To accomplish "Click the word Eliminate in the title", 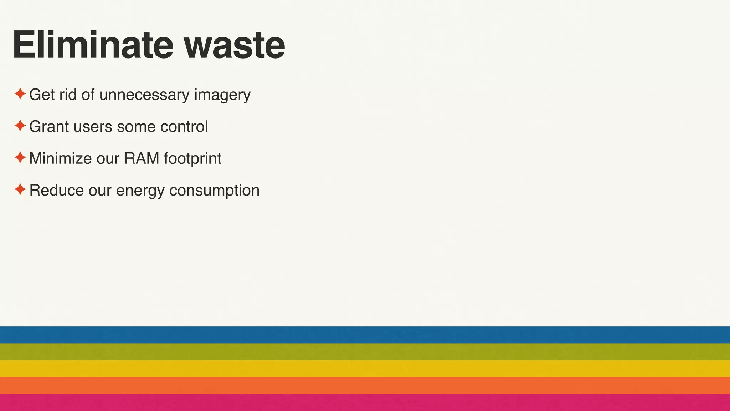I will [x=93, y=45].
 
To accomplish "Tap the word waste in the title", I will [x=234, y=46].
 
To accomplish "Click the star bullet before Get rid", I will [x=20, y=94].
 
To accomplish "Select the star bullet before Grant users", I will [x=20, y=126].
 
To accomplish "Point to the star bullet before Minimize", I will [x=20, y=158].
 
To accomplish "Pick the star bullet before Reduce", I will [x=20, y=189].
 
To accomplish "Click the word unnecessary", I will [x=144, y=95].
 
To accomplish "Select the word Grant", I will [x=49, y=127].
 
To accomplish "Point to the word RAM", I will [x=142, y=158].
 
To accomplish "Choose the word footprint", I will [x=192, y=159].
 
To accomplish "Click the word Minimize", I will [x=60, y=158].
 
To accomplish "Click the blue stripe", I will [x=365, y=335].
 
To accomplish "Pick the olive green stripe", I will [x=365, y=352].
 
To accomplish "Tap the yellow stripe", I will [x=365, y=369].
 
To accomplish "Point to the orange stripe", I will [x=365, y=385].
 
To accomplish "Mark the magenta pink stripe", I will [x=365, y=402].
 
